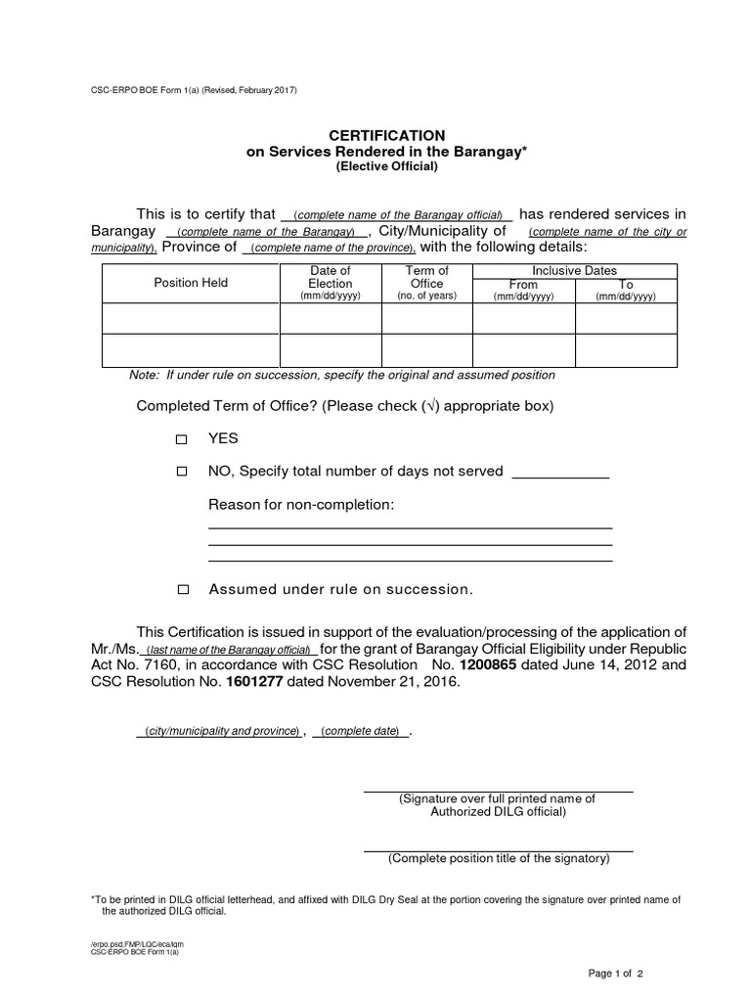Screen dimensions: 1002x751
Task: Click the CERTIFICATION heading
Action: coord(387,134)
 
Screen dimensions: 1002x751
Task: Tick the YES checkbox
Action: coord(181,440)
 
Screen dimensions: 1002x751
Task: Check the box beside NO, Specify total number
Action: coord(181,472)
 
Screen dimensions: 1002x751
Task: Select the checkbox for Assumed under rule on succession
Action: coord(182,590)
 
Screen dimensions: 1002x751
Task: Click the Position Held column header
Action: coord(191,283)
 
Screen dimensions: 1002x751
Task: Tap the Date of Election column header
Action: coord(330,283)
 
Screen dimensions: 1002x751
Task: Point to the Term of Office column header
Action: coord(427,283)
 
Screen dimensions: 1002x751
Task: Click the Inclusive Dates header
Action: coord(574,270)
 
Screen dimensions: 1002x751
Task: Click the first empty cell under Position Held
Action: coord(191,319)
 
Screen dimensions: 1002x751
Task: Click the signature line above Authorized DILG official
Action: coord(498,790)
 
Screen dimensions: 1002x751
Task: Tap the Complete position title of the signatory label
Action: coord(499,859)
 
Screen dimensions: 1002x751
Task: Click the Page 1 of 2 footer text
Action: coord(615,974)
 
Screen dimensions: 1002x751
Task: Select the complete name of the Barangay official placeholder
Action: coord(396,215)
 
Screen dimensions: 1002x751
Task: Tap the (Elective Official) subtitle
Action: coord(387,166)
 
